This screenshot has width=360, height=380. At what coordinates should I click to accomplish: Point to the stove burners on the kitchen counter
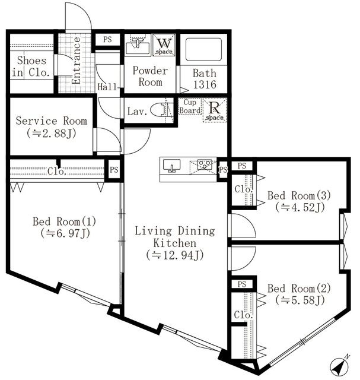(204, 164)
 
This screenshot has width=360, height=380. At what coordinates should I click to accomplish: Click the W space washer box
(164, 45)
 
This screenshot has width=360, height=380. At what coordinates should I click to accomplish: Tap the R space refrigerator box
(212, 110)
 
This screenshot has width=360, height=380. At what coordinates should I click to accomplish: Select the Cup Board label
(190, 106)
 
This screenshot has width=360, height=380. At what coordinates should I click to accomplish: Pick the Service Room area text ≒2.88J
(51, 133)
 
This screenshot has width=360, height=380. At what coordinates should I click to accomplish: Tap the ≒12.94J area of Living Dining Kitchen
(174, 255)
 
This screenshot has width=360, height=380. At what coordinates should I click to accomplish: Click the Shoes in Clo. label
(31, 66)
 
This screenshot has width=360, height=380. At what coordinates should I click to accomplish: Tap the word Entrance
(77, 60)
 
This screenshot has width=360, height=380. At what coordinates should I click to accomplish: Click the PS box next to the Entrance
(107, 40)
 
